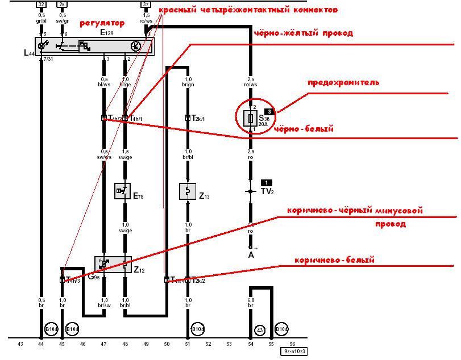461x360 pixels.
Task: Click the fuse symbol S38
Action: click(249, 119)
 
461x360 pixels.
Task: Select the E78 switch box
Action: click(124, 191)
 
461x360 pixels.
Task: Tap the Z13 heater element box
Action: click(188, 191)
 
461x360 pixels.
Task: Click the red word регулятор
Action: click(101, 23)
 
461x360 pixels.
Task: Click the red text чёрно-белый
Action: click(303, 129)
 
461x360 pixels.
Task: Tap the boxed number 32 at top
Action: click(41, 4)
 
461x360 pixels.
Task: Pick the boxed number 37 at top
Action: click(146, 4)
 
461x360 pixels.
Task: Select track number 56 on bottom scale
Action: click(292, 344)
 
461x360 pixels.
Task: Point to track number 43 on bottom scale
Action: click(20, 344)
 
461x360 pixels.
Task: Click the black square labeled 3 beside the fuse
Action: click(269, 111)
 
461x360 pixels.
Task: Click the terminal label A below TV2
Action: click(250, 255)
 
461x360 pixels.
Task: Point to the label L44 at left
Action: click(29, 53)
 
